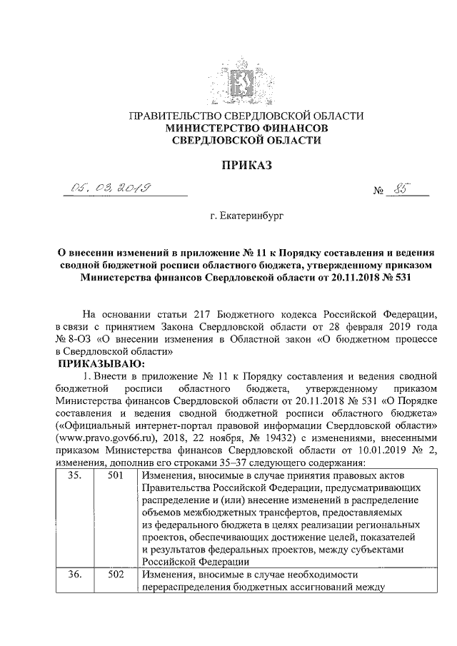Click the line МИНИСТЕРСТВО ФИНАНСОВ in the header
[246, 128]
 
